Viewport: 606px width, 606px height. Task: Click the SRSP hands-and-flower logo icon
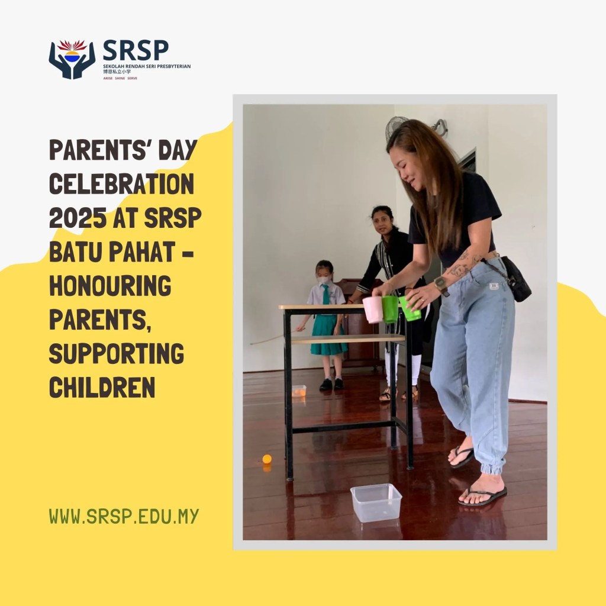click(72, 59)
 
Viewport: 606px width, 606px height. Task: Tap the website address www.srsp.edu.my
click(124, 516)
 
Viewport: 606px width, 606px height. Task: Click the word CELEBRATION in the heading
click(121, 185)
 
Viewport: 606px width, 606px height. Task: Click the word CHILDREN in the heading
click(102, 388)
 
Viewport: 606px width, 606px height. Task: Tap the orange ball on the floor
click(267, 459)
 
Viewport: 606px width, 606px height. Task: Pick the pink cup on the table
click(373, 310)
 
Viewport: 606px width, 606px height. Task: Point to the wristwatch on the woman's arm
click(441, 286)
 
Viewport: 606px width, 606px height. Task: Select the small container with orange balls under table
click(299, 391)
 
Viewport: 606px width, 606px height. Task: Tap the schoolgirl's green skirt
click(327, 335)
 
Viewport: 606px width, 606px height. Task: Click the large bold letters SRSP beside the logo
click(136, 50)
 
